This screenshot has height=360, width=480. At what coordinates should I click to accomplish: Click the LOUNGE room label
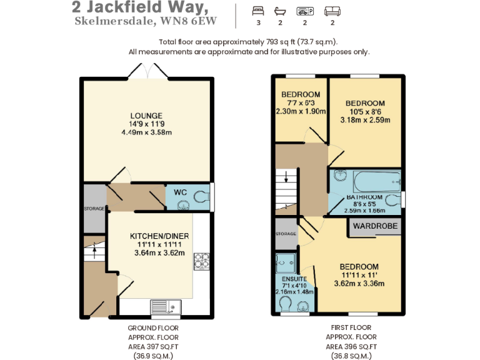[146, 116]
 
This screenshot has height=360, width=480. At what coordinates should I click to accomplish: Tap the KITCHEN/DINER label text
[159, 236]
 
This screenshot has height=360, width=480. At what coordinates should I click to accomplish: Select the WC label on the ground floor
[181, 192]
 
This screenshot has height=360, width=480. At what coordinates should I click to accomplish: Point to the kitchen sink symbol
[165, 307]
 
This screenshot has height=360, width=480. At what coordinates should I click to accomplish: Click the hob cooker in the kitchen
[202, 260]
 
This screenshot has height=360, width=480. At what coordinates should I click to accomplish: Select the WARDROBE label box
[375, 226]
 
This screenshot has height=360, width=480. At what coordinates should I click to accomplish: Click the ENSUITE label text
[294, 279]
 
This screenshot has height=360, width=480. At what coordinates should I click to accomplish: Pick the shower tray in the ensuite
[286, 263]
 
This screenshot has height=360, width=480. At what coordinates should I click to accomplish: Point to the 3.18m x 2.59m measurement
[365, 119]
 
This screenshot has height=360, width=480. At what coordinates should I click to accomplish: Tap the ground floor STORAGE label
[94, 208]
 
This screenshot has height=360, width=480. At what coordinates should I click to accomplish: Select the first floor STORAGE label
[286, 234]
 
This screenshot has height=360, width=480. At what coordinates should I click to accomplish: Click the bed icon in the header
[258, 11]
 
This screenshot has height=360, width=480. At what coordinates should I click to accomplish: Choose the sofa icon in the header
[332, 11]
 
